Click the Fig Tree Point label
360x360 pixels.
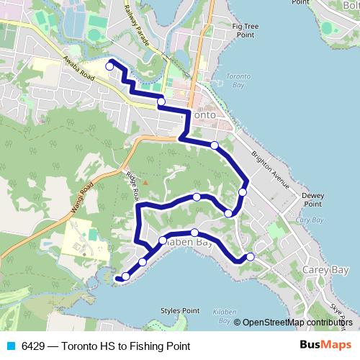245,30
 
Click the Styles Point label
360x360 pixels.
179,311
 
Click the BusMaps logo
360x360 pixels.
325,345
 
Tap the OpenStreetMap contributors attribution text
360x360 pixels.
298,323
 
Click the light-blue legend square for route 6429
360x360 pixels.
10,346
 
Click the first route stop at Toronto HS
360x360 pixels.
109,66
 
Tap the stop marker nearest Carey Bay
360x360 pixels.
251,257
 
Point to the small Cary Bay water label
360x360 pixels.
309,220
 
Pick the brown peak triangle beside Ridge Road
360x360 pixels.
145,181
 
